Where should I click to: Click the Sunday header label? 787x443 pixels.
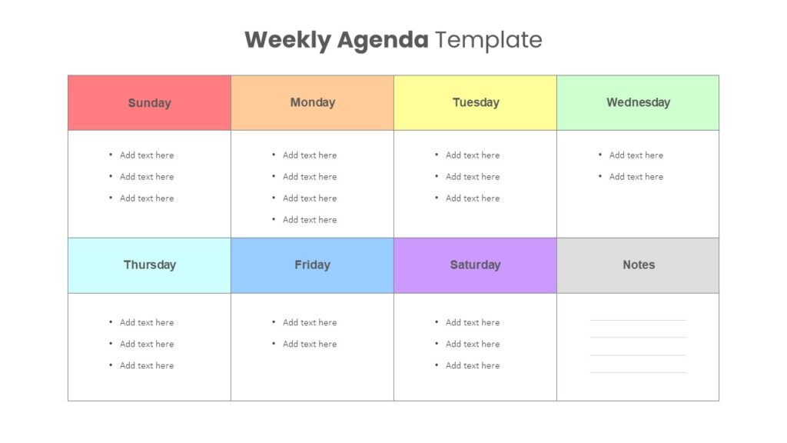pyautogui.click(x=150, y=103)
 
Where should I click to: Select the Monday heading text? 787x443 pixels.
pyautogui.click(x=313, y=102)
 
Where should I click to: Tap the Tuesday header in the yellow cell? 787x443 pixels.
pyautogui.click(x=476, y=102)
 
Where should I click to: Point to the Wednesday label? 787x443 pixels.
pyautogui.click(x=639, y=102)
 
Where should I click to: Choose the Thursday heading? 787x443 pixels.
pyautogui.click(x=150, y=265)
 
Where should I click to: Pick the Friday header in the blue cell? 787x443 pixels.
pyautogui.click(x=312, y=265)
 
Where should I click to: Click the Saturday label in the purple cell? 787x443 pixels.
pyautogui.click(x=475, y=265)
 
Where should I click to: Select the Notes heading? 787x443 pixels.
pyautogui.click(x=639, y=265)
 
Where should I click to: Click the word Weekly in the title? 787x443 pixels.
pyautogui.click(x=287, y=40)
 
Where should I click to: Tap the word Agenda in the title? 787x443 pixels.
pyautogui.click(x=383, y=40)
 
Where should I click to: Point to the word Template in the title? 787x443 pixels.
pyautogui.click(x=488, y=40)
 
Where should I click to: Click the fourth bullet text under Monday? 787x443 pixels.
pyautogui.click(x=310, y=220)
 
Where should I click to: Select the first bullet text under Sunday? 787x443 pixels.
pyautogui.click(x=147, y=155)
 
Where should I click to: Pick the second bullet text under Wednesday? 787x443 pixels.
pyautogui.click(x=636, y=177)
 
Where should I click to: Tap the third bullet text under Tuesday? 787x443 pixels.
pyautogui.click(x=473, y=198)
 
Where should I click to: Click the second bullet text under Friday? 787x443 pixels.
pyautogui.click(x=310, y=344)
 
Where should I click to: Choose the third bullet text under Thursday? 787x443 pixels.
pyautogui.click(x=147, y=365)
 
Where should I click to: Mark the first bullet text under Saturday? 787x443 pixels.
pyautogui.click(x=473, y=322)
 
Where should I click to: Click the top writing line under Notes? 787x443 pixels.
pyautogui.click(x=638, y=320)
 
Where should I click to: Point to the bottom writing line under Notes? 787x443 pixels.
pyautogui.click(x=638, y=373)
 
